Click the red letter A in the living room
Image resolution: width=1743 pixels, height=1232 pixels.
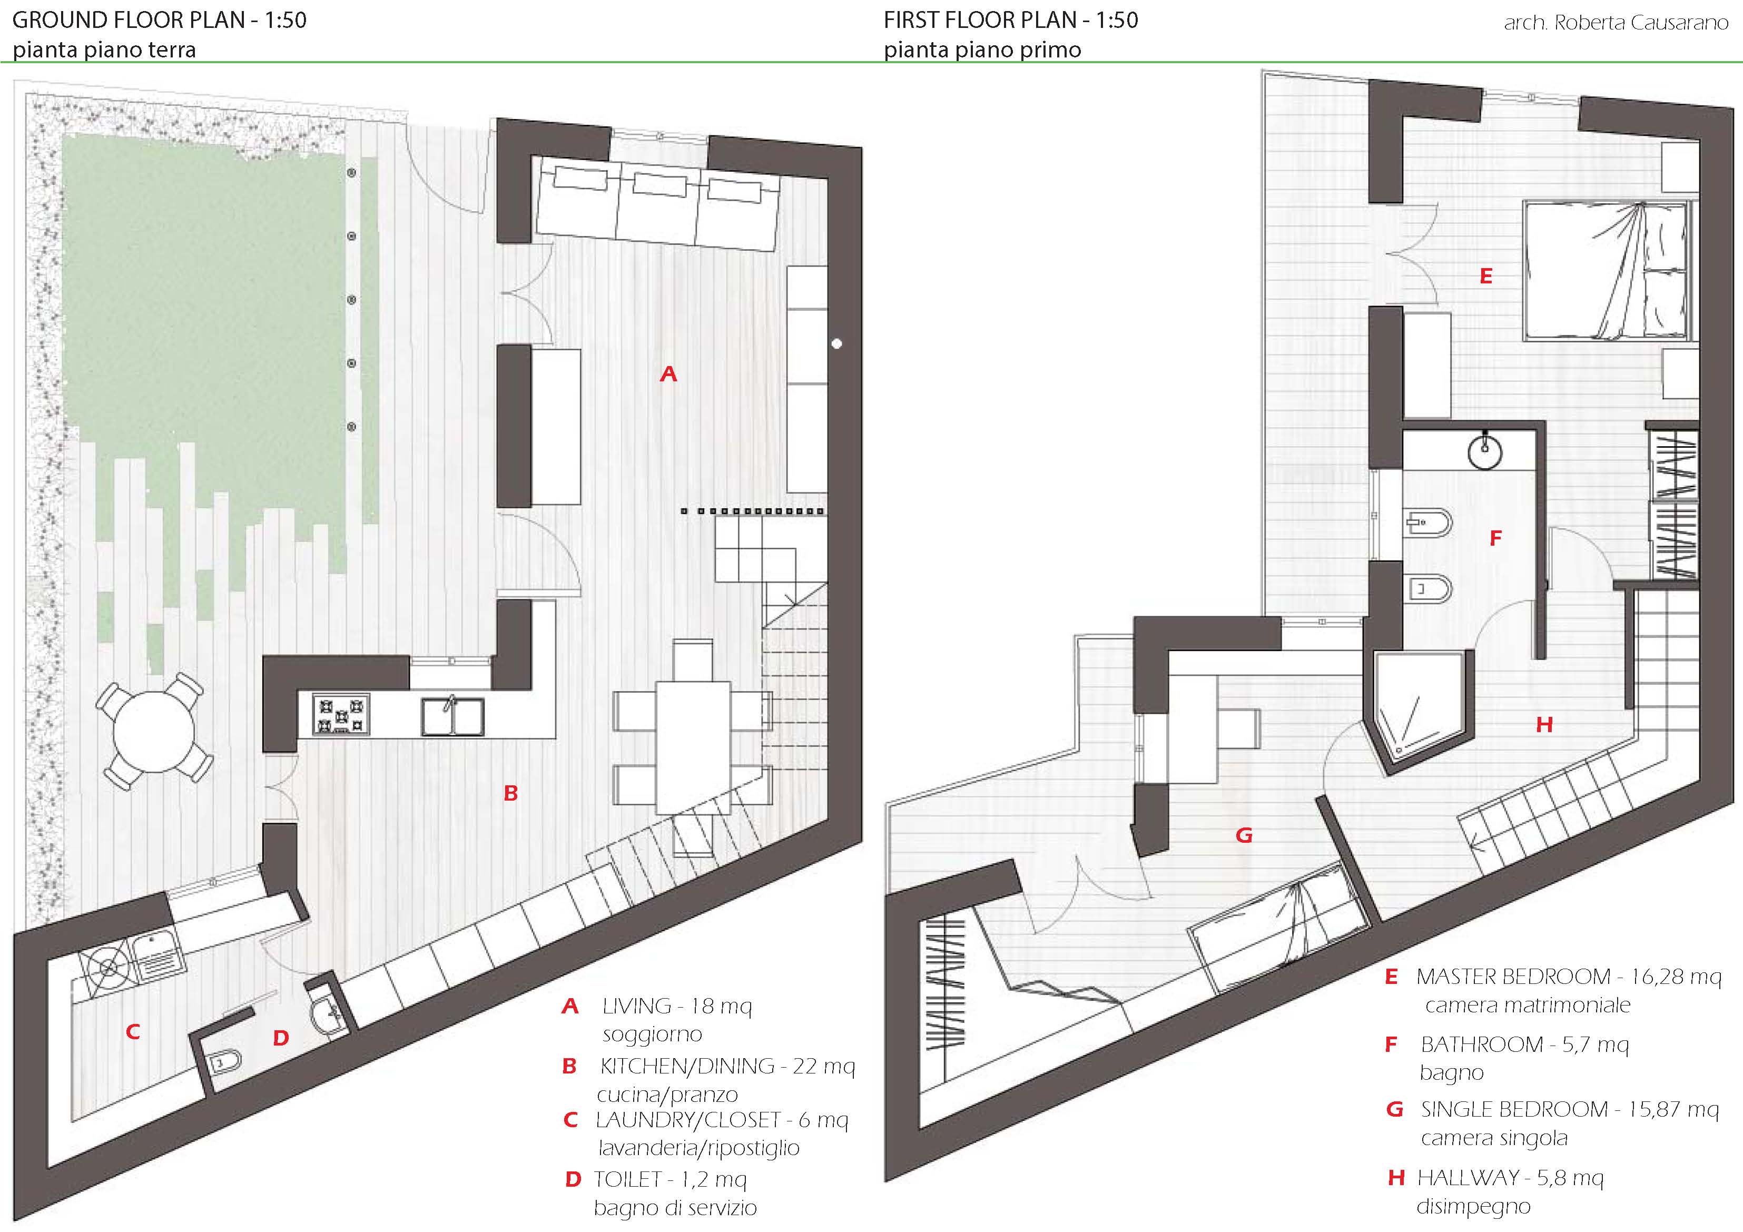(x=668, y=373)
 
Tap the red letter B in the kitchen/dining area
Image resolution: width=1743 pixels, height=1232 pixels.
(x=511, y=793)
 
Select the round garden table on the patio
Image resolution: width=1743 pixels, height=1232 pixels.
(x=154, y=731)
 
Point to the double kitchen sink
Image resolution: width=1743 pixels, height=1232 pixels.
(x=452, y=716)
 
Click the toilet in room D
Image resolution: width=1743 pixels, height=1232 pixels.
(x=222, y=1062)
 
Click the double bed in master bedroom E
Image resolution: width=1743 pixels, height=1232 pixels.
(x=1608, y=270)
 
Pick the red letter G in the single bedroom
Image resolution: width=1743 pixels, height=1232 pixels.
(x=1244, y=836)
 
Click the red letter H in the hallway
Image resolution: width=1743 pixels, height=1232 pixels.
(x=1543, y=725)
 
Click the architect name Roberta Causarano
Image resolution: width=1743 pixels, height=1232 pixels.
(x=1616, y=23)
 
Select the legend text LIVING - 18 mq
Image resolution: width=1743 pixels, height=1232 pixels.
(x=676, y=1007)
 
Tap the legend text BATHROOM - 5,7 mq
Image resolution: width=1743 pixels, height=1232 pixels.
(x=1524, y=1045)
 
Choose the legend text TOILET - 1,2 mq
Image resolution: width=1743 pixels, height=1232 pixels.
(x=671, y=1180)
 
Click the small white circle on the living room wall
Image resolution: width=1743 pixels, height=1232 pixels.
(x=836, y=344)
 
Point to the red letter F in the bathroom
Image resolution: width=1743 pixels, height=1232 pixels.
(x=1495, y=538)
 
